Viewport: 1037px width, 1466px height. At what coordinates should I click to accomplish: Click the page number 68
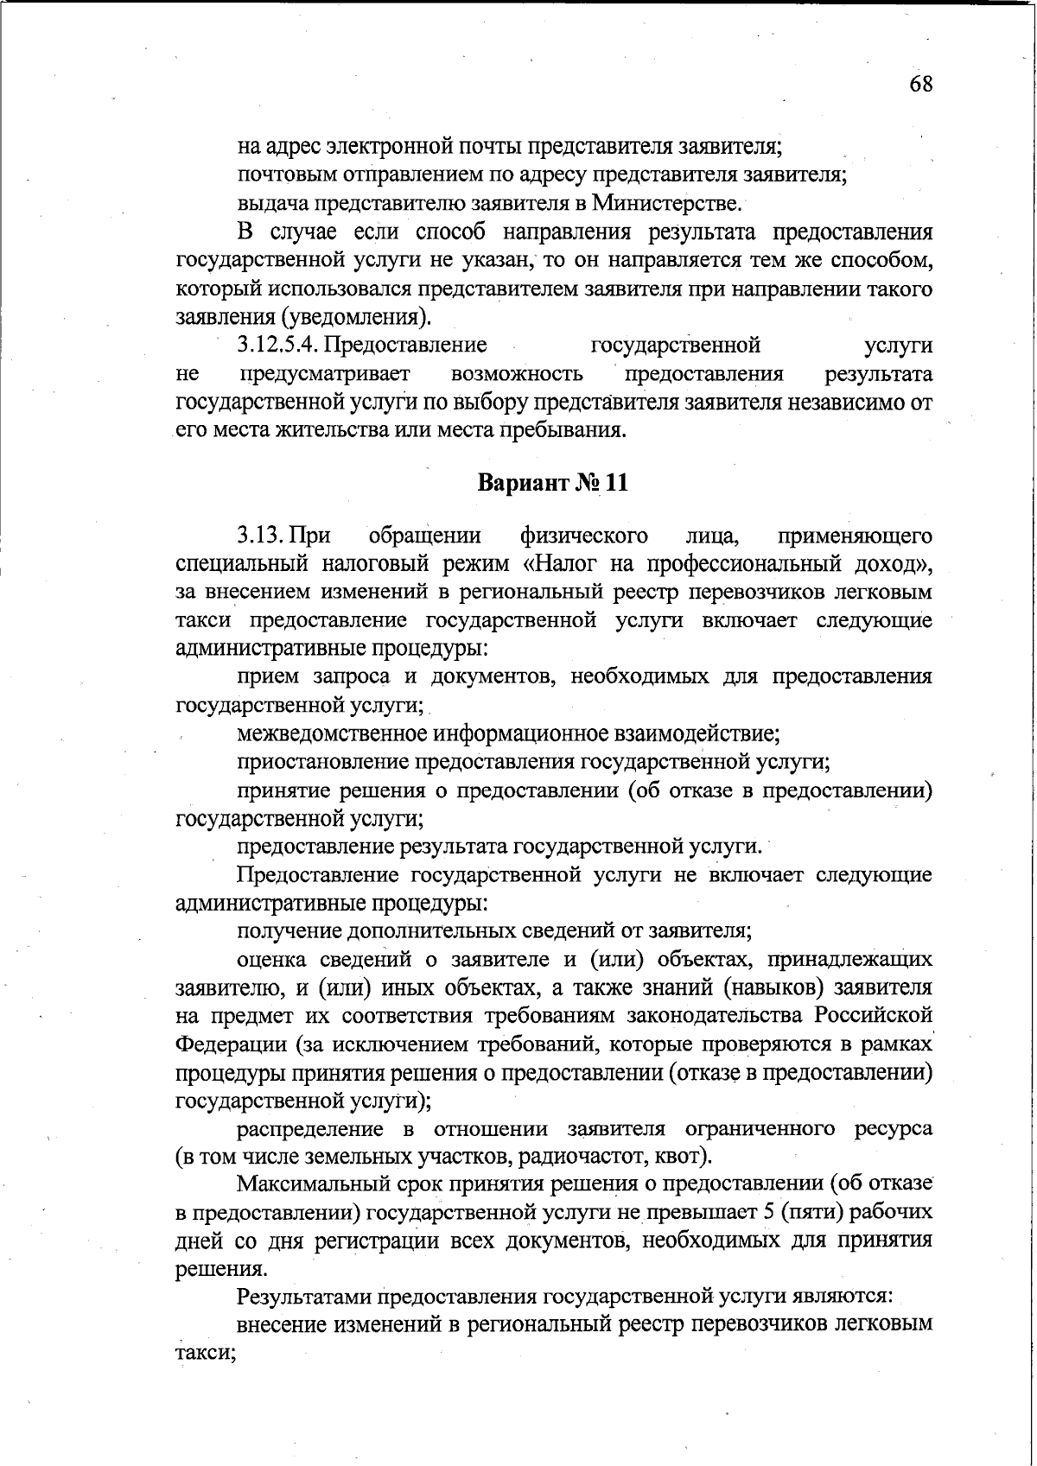[x=920, y=85]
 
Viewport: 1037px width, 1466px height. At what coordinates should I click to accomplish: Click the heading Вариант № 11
[x=553, y=482]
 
